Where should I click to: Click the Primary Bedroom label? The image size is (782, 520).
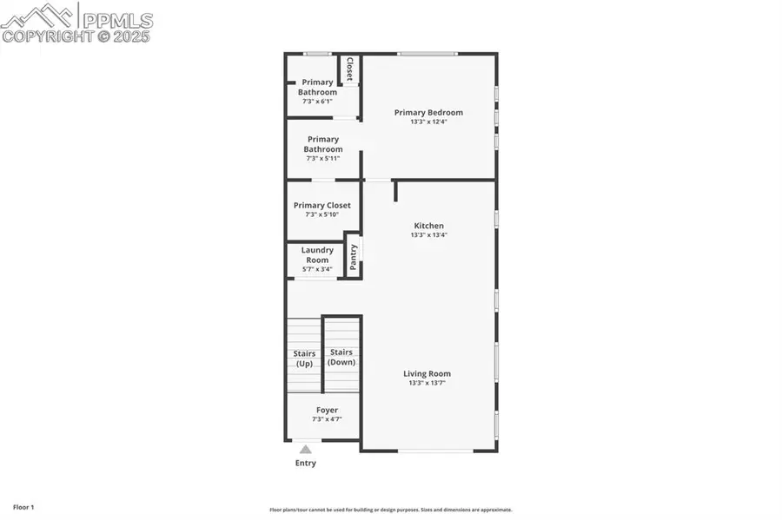(x=428, y=112)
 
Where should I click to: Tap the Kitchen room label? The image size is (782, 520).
(x=428, y=226)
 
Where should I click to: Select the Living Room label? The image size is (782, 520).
(x=427, y=374)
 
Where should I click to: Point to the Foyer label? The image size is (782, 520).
(x=327, y=410)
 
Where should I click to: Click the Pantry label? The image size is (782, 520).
(x=353, y=258)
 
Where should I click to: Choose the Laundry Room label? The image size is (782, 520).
(x=317, y=255)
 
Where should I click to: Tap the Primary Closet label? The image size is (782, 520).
(x=322, y=206)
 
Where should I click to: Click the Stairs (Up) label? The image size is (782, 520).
(x=304, y=359)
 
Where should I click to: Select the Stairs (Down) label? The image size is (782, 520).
(x=341, y=357)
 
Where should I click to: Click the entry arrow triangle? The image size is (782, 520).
(x=305, y=449)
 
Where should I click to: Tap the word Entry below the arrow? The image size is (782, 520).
(x=305, y=464)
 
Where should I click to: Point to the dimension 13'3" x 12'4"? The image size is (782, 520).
(x=428, y=122)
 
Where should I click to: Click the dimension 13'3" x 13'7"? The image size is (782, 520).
(x=427, y=383)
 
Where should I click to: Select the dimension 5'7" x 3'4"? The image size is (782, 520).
(x=317, y=269)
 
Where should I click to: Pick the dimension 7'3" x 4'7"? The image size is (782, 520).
(x=327, y=419)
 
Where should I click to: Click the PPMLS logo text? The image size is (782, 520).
(x=117, y=19)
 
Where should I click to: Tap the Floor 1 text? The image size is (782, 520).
(x=23, y=506)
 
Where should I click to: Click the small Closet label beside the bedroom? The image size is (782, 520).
(x=349, y=69)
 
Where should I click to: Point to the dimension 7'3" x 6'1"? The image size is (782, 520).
(x=317, y=102)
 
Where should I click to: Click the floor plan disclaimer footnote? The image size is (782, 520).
(x=390, y=510)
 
